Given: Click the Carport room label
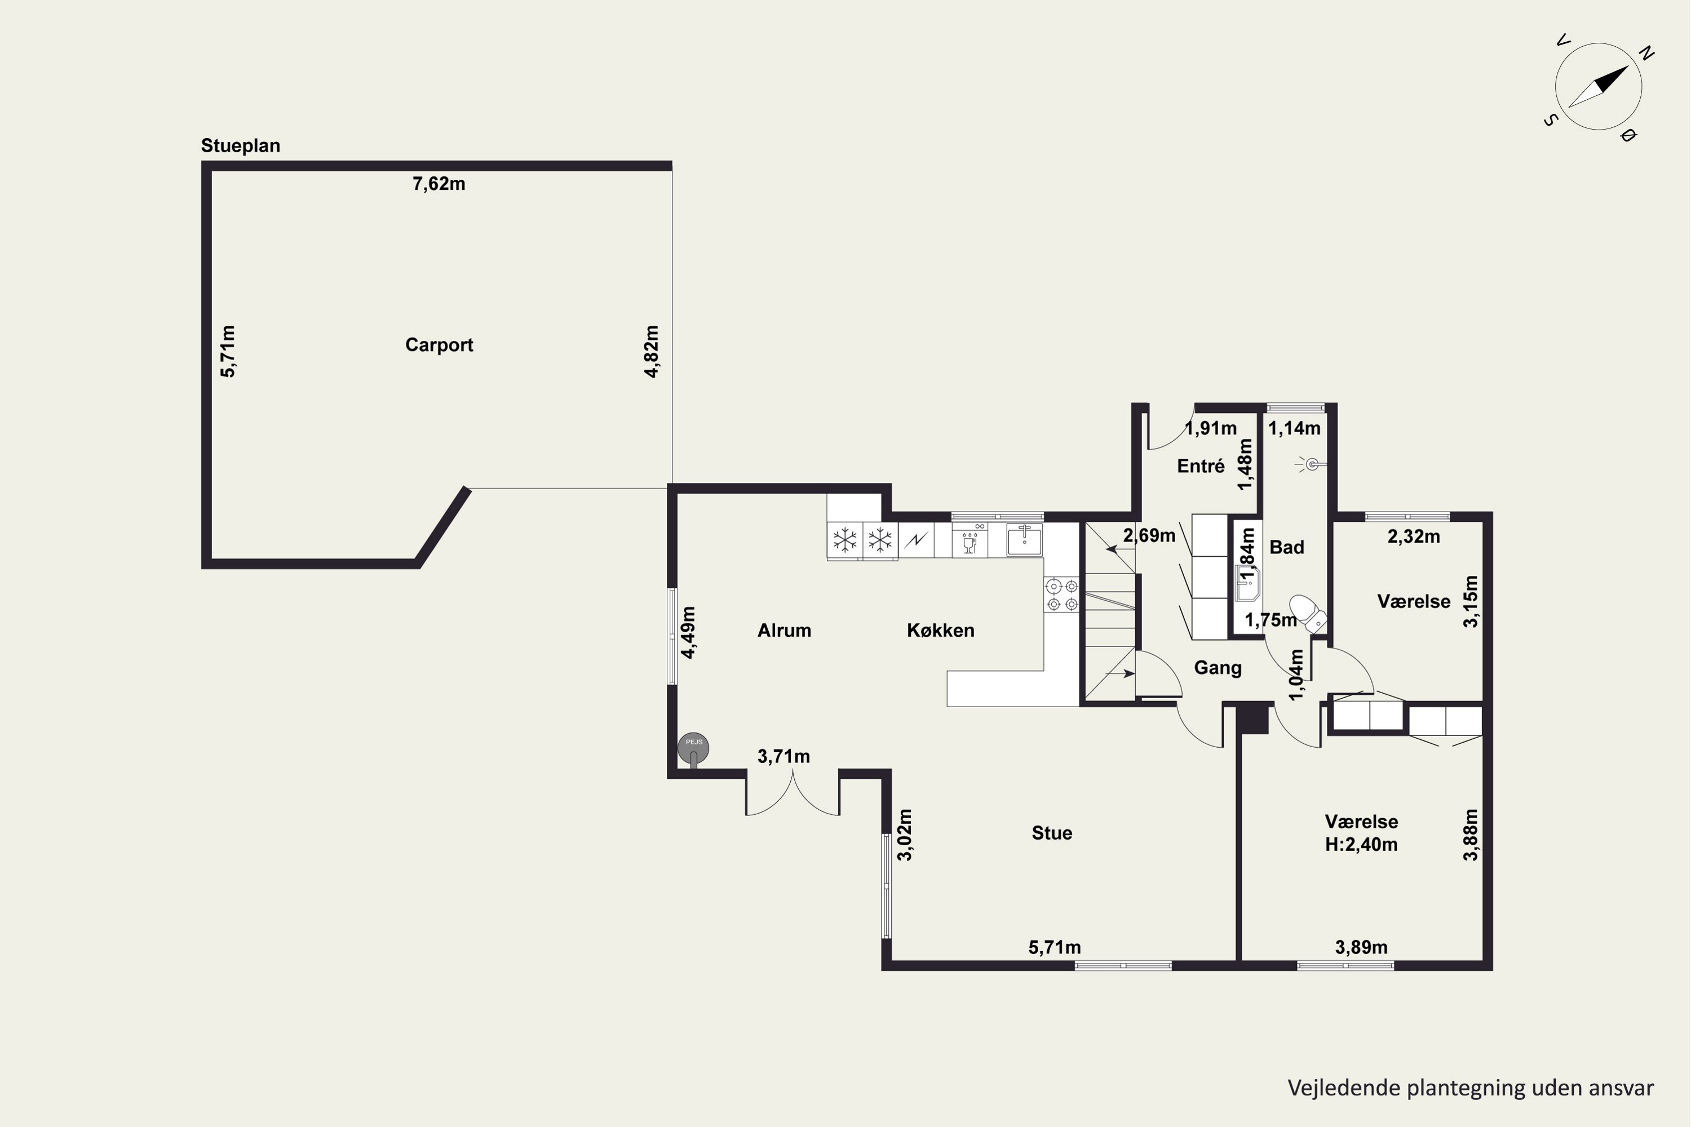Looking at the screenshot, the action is click(x=439, y=345).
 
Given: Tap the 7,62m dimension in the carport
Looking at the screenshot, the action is click(x=439, y=184).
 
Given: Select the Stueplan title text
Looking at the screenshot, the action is click(x=241, y=146).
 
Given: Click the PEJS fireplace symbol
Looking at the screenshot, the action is click(x=694, y=748).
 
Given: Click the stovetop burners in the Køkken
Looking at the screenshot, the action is click(x=1062, y=595).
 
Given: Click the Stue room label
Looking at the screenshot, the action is click(x=1052, y=833).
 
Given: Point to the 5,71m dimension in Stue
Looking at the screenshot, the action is click(x=1055, y=947).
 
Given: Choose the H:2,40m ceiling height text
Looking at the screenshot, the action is click(x=1362, y=845).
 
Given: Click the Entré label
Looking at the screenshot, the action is click(x=1201, y=467).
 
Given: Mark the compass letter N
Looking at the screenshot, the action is click(x=1646, y=52).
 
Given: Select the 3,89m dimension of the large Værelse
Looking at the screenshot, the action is click(x=1362, y=947).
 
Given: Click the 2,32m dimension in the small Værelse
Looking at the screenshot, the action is click(x=1414, y=537).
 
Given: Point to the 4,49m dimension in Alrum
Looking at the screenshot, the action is click(x=689, y=632).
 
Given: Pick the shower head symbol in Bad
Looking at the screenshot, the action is click(x=1312, y=464).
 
